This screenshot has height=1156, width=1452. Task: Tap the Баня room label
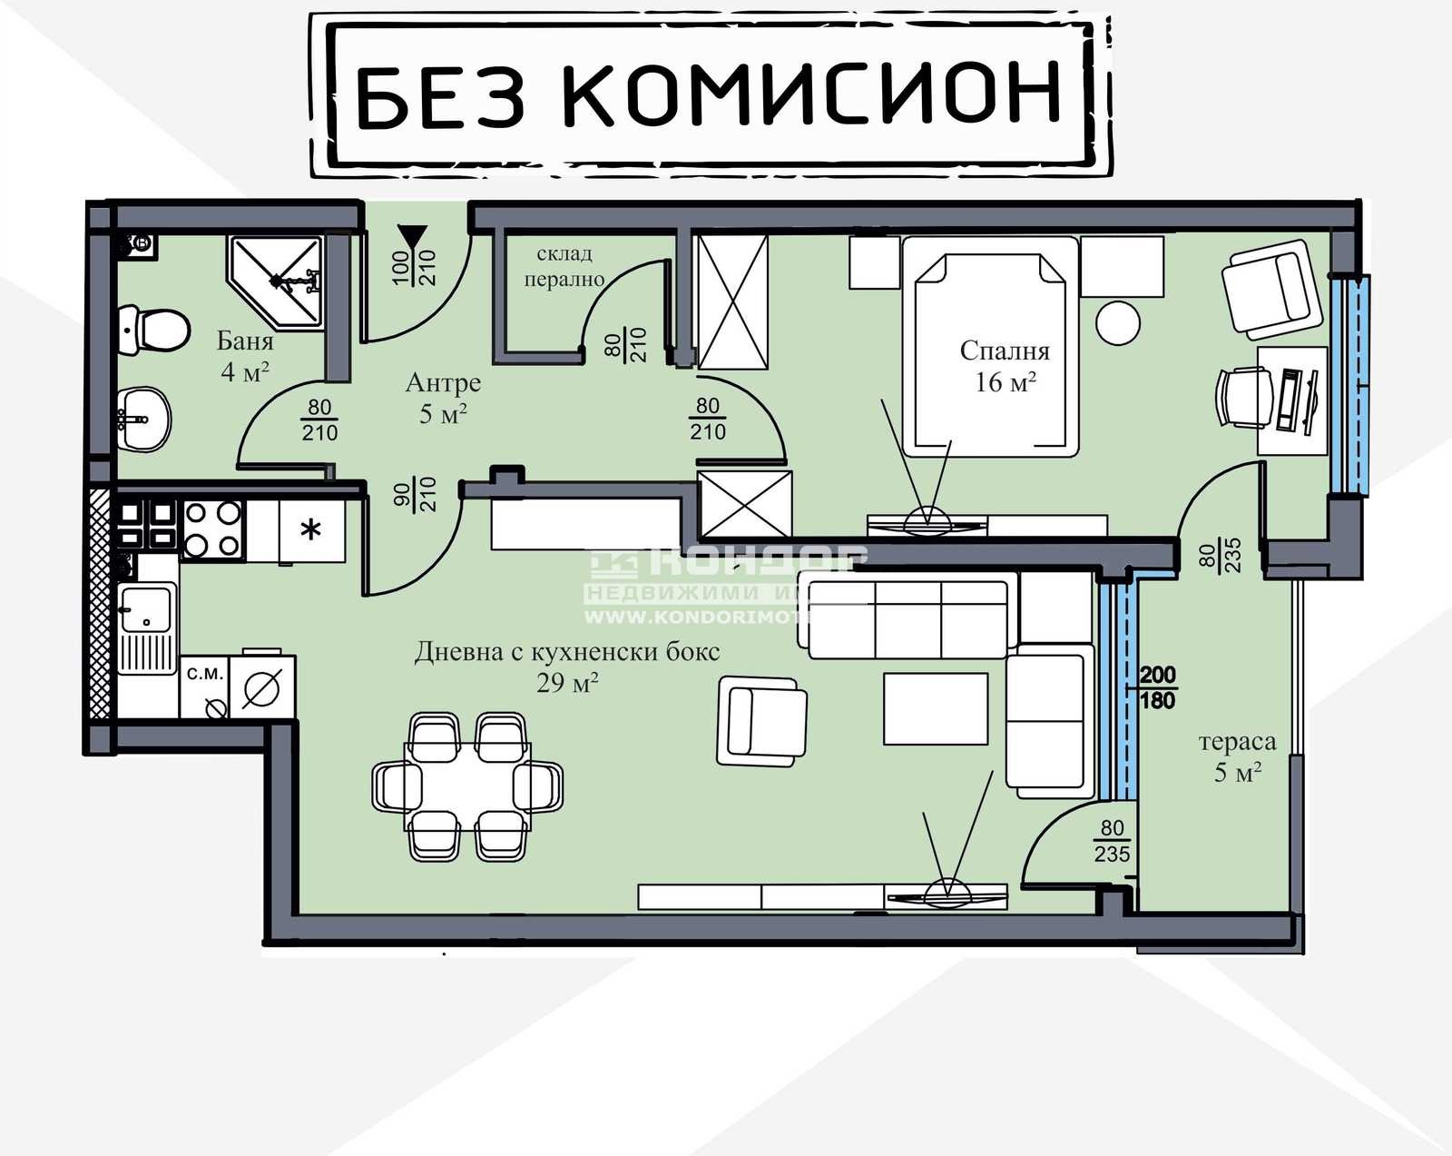click(x=245, y=341)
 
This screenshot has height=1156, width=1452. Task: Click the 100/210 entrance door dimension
click(x=414, y=268)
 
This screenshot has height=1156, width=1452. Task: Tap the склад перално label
click(x=564, y=266)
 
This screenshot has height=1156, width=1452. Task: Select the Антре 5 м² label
click(x=443, y=398)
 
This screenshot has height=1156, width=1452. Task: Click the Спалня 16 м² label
click(x=1005, y=366)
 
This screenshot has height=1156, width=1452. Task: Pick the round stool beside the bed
click(x=1118, y=322)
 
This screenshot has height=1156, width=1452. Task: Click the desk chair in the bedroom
click(x=1243, y=397)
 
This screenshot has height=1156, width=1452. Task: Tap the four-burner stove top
click(x=212, y=529)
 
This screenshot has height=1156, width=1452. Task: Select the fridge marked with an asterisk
click(x=310, y=530)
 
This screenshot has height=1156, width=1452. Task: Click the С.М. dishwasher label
click(x=204, y=675)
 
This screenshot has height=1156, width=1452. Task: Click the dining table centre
click(x=466, y=786)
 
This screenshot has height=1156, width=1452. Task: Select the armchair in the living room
click(x=761, y=721)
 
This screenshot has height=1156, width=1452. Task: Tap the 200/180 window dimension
click(x=1157, y=687)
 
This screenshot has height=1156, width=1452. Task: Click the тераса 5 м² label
click(x=1237, y=756)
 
